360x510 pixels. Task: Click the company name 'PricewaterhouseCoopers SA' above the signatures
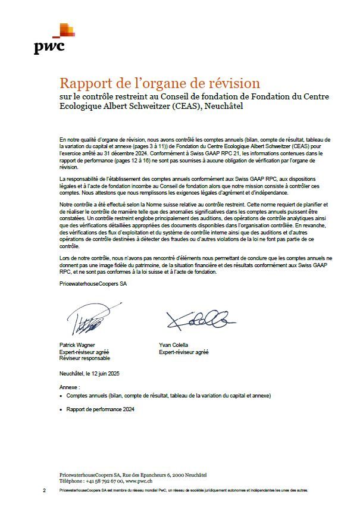(x=93, y=284)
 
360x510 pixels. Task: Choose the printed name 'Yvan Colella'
(x=173, y=345)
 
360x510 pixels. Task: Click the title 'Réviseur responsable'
(x=84, y=358)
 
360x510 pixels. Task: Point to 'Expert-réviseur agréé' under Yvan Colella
(x=183, y=352)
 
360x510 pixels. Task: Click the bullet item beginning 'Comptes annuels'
(x=168, y=395)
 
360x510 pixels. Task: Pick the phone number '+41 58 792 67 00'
(x=104, y=480)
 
